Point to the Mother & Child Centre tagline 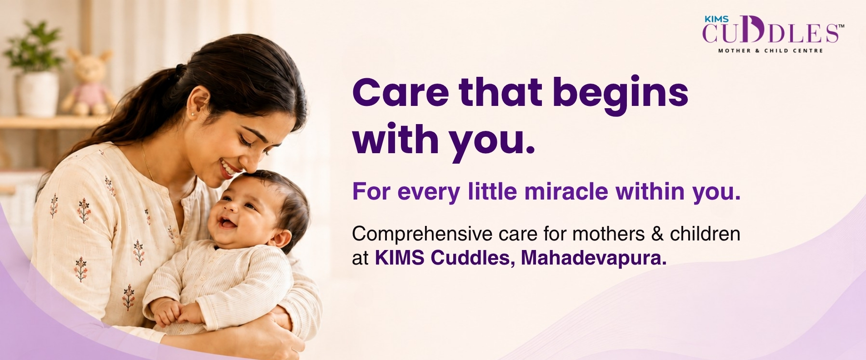point(771,50)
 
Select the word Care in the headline point(400,93)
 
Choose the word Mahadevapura point(594,258)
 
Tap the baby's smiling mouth point(226,222)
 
